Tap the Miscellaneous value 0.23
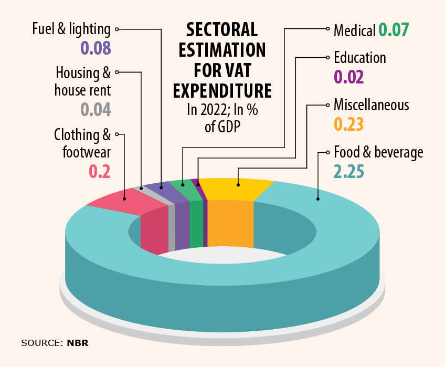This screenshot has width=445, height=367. coord(349,125)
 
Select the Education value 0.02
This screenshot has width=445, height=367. coord(349,77)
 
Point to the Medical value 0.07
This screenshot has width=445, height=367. coord(394,30)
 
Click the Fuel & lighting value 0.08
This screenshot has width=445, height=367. coord(96,48)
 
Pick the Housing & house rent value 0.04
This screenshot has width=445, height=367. coord(96,109)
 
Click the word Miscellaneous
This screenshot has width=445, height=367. coord(371,105)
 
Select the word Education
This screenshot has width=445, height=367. coord(359,57)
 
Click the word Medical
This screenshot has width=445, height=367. coord(354,30)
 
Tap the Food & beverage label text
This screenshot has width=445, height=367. coord(378,153)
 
